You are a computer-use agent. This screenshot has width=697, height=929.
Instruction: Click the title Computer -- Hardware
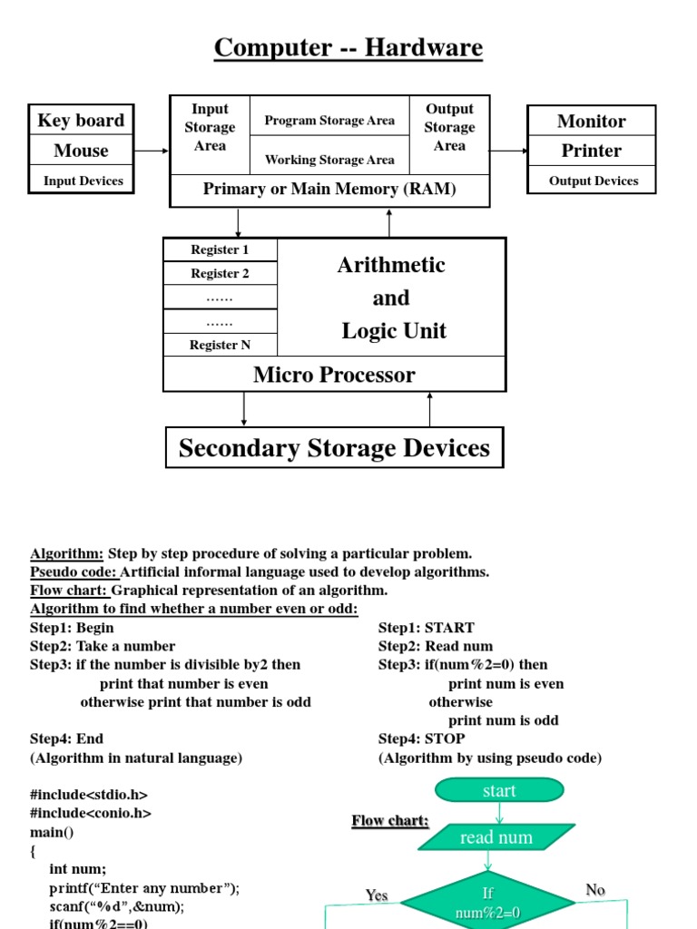[348, 47]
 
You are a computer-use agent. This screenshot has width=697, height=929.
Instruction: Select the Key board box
[81, 121]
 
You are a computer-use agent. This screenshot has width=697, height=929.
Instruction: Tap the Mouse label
[81, 151]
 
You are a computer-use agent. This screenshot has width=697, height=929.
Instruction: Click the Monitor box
[591, 121]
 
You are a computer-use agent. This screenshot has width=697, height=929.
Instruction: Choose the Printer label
[591, 151]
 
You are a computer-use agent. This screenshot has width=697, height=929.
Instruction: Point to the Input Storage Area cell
[210, 128]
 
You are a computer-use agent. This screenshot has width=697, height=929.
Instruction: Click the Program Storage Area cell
[329, 121]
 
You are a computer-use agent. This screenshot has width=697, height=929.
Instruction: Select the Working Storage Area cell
[329, 160]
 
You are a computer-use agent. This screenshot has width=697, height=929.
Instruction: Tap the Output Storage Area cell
[449, 128]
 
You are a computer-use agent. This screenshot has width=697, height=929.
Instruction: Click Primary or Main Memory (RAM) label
[329, 190]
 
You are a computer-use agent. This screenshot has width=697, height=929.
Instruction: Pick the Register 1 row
[220, 249]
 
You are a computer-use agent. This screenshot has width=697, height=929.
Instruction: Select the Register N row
[220, 345]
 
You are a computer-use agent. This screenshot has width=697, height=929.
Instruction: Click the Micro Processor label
[334, 375]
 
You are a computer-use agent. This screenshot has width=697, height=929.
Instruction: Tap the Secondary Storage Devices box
[334, 448]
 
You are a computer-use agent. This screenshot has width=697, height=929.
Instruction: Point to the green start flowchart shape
[499, 791]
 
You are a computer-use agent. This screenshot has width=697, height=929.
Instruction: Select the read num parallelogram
[496, 837]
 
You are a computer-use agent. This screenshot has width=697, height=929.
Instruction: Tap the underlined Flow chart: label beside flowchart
[390, 821]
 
